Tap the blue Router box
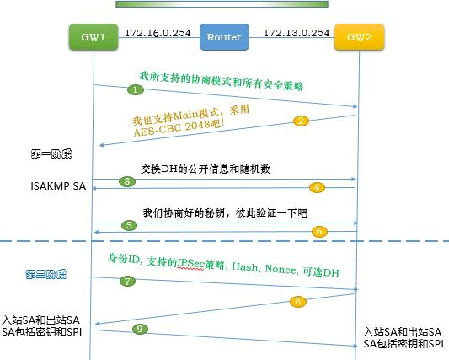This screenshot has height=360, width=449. (224, 38)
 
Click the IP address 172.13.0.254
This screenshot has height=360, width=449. (296, 33)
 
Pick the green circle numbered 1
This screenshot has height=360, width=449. (136, 89)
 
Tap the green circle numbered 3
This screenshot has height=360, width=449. (127, 181)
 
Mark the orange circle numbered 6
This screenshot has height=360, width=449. (318, 230)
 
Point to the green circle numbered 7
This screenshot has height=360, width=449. (128, 280)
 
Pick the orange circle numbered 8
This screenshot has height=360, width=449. (297, 301)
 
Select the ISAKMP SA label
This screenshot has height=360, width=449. (30, 185)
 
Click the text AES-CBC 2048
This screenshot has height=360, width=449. (168, 123)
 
